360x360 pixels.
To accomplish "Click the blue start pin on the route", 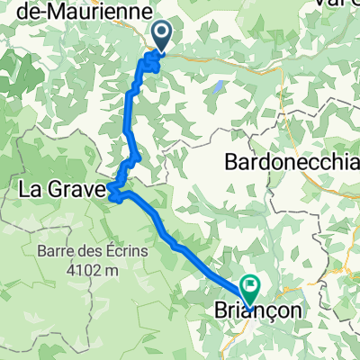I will (162, 36).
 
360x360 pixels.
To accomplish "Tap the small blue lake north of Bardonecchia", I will (218, 87).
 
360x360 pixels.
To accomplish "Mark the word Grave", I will (81, 190).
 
